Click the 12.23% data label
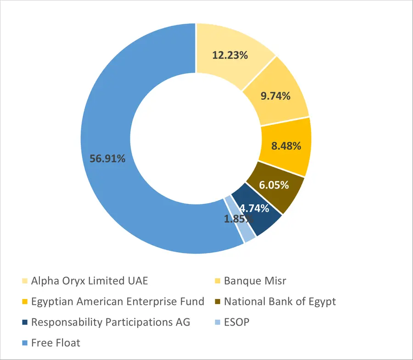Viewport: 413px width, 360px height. point(230,55)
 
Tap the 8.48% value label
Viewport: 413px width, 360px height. point(286,146)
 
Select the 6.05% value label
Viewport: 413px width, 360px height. point(273,185)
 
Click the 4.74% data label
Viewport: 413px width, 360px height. point(254,209)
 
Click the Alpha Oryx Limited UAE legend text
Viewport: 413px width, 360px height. point(89,281)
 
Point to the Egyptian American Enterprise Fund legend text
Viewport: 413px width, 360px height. point(117,302)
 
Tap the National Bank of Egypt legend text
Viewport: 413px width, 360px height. point(280,302)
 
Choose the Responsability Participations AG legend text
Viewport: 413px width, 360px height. point(111,322)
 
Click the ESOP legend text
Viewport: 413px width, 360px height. point(237,322)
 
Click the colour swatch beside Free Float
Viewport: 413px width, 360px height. point(24,343)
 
